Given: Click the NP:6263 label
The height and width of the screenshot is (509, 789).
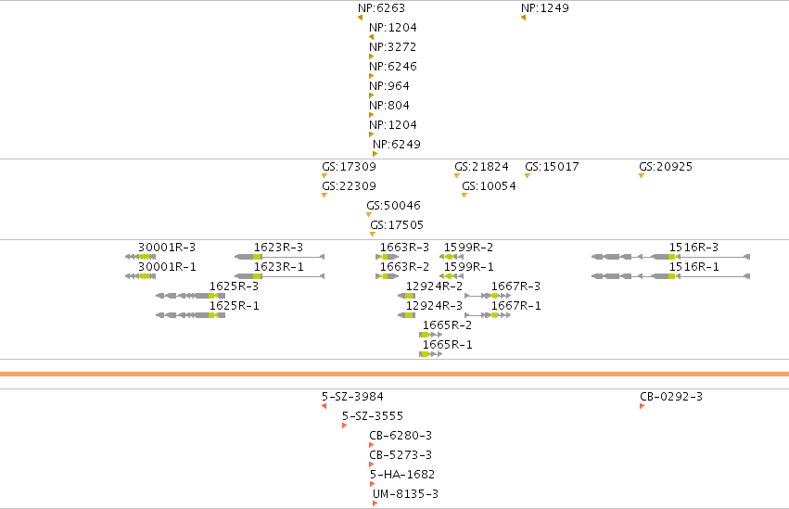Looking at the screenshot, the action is [381, 8].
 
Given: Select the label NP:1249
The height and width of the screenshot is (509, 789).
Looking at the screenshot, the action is [545, 8].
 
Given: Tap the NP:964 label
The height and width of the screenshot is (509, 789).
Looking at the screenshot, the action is [389, 86].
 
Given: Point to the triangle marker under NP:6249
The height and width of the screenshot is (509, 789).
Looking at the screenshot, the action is [375, 154].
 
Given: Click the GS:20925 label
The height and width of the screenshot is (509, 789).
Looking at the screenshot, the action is [666, 167].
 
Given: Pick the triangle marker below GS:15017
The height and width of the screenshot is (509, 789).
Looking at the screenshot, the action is [528, 175].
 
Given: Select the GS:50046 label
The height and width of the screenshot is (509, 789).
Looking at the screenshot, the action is [393, 205].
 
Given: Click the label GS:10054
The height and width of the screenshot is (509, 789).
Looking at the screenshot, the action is [490, 186].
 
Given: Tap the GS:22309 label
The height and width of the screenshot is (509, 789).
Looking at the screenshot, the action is [350, 186].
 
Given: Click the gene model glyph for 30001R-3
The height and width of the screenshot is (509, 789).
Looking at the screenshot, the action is [140, 257].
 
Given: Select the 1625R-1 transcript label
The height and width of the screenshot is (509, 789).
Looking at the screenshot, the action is [234, 306].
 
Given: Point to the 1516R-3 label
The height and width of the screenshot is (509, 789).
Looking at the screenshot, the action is [694, 248].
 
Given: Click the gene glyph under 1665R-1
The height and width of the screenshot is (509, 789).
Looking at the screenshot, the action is [431, 354].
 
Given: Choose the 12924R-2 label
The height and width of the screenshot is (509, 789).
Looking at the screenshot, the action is [434, 286].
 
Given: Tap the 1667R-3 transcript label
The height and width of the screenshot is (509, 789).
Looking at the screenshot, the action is [515, 286].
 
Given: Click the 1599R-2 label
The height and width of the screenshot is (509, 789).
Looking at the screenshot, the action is [468, 248].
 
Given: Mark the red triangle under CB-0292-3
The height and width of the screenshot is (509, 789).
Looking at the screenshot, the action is [643, 406].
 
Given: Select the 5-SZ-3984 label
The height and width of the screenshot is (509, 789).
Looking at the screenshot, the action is [352, 396].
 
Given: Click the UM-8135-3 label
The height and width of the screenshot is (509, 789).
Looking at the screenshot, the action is [405, 494].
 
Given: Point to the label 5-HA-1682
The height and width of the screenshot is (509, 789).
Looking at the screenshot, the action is [402, 475].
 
